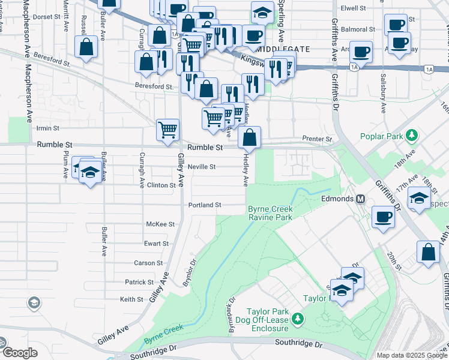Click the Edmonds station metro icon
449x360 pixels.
click(361, 199)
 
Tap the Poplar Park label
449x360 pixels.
click(381, 136)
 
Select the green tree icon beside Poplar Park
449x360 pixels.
click(412, 136)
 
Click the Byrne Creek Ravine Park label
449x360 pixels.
click(270, 213)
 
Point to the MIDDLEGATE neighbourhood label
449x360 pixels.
click(285, 49)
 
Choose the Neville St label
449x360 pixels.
click(201, 167)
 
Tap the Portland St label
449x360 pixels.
click(205, 205)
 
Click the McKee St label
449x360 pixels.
click(160, 224)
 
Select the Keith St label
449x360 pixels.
click(131, 299)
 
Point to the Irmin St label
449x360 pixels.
click(48, 128)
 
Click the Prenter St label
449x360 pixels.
click(317, 139)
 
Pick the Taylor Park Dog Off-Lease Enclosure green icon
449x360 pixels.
click(296, 319)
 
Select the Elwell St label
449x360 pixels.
click(353, 8)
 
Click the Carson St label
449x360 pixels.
click(148, 263)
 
